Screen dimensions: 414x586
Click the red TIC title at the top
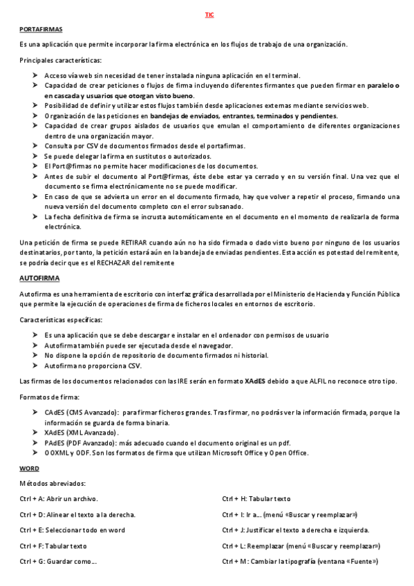209,15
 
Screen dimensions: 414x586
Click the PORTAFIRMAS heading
41,29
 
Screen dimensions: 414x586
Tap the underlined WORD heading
29,468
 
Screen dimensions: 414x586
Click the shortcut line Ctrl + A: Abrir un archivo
59,498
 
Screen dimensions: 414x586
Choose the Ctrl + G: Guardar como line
59,561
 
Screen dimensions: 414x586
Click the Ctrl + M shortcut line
299,561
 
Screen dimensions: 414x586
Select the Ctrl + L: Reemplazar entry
301,546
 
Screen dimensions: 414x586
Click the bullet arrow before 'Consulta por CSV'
36,146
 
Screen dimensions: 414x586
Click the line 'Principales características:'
60,61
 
